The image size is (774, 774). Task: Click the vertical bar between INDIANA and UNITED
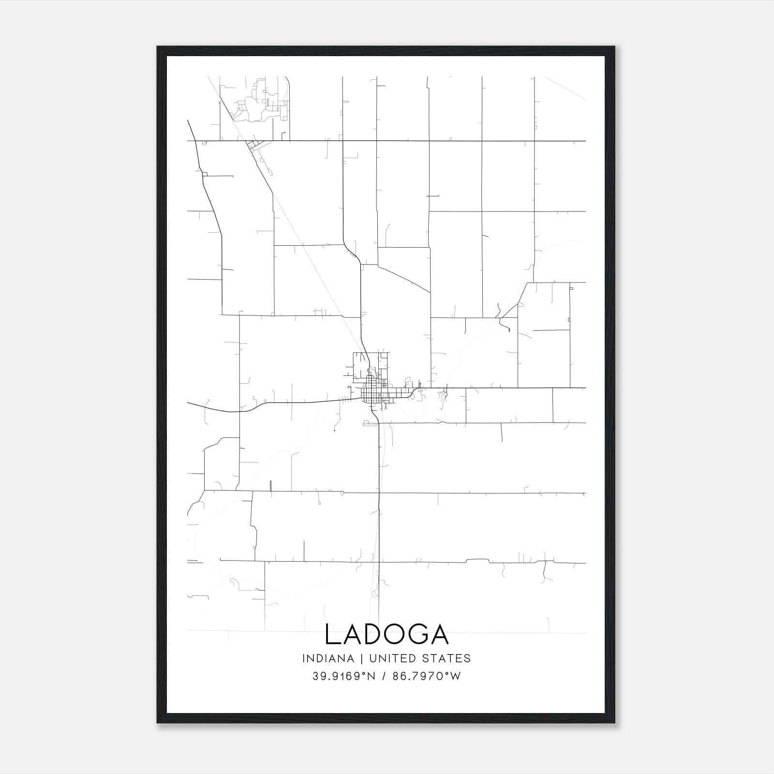pyautogui.click(x=369, y=658)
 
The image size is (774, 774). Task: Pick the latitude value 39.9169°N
pyautogui.click(x=344, y=676)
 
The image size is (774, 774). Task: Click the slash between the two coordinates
pyautogui.click(x=385, y=676)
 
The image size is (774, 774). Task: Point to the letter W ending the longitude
pyautogui.click(x=456, y=676)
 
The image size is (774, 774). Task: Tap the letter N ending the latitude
pyautogui.click(x=372, y=676)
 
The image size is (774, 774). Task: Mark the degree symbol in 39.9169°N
pyautogui.click(x=365, y=673)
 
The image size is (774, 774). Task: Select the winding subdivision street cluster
pyautogui.click(x=261, y=104)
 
